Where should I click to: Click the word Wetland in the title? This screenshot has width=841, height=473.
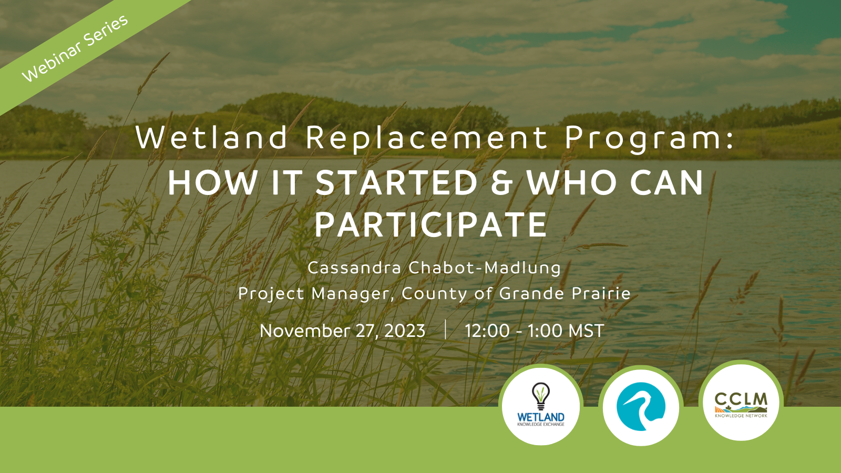(211, 138)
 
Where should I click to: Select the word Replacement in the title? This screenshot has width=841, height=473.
(427, 138)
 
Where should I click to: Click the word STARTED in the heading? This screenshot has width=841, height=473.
(396, 183)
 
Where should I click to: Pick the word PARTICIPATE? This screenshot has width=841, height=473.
(431, 225)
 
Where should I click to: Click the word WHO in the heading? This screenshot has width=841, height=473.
(571, 183)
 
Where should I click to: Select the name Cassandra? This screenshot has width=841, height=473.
(354, 268)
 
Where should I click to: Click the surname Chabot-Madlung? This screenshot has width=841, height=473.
(485, 268)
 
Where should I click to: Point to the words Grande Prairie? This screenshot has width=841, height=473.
(565, 293)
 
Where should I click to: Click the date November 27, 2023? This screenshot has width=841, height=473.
(342, 331)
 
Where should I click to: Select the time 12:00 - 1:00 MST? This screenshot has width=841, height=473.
(534, 331)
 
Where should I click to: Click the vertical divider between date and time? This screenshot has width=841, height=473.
(445, 330)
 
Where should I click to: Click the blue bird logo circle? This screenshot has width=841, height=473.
(641, 407)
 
